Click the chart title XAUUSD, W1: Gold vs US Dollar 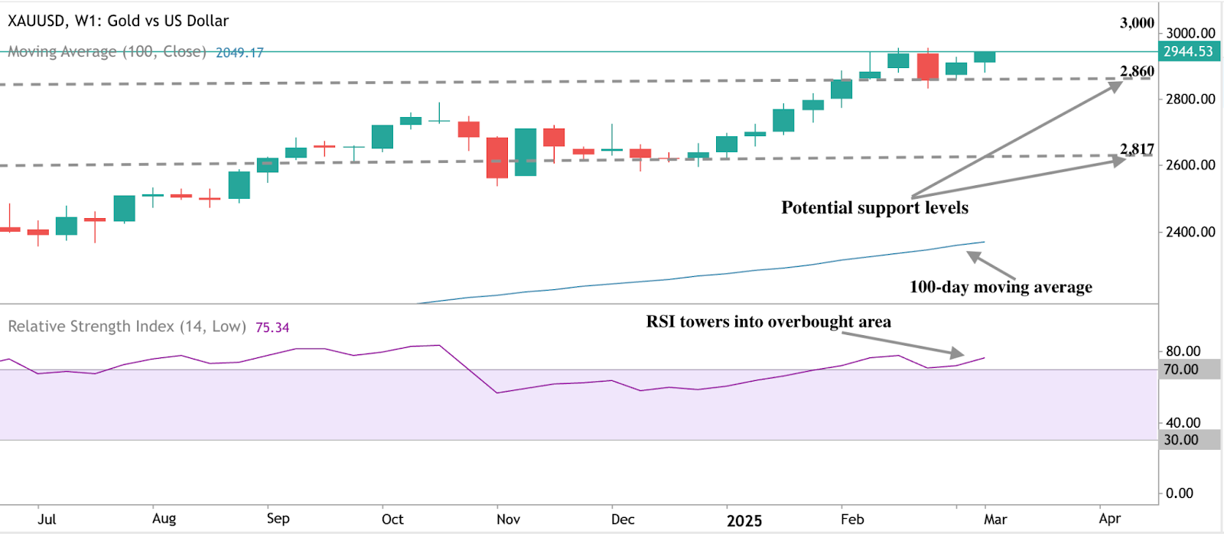point(118,21)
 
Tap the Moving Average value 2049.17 point(239,53)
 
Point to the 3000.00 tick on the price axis point(1190,33)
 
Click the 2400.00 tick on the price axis point(1190,231)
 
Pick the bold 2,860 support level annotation point(1137,71)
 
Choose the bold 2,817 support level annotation point(1137,148)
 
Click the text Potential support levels point(874,208)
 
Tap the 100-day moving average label point(1001,287)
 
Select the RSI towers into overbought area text point(768,322)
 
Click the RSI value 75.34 point(272,327)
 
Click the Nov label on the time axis point(508,519)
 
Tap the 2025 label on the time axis point(744,520)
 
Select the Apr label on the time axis point(1109,519)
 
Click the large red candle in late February point(928,67)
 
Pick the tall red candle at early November point(497,158)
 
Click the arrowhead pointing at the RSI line point(958,353)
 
